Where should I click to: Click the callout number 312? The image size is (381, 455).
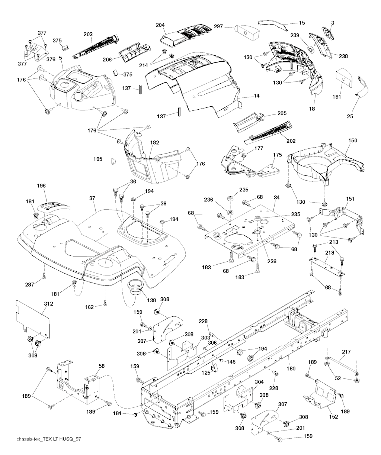click(48, 304)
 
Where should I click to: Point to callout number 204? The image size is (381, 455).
click(160, 25)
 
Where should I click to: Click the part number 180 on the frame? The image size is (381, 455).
click(291, 369)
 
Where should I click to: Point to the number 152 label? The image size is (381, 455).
click(333, 417)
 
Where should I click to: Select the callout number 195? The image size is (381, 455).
click(97, 159)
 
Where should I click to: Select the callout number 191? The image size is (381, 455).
click(337, 96)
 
